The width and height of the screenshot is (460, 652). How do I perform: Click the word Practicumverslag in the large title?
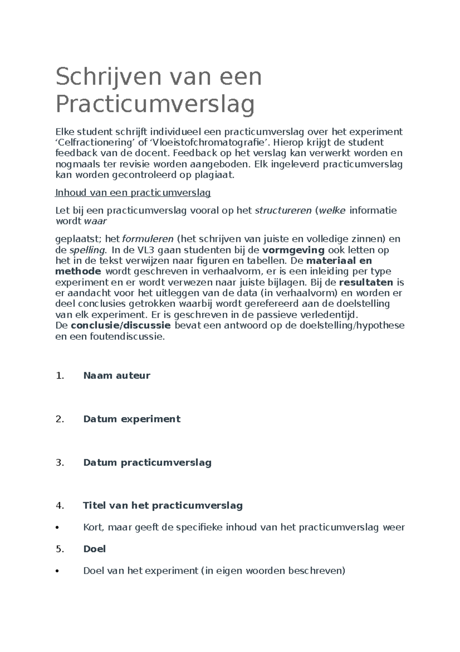pyautogui.click(x=155, y=104)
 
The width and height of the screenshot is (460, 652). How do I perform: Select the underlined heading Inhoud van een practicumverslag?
pyautogui.click(x=133, y=193)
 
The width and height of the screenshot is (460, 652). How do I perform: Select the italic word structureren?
pyautogui.click(x=283, y=210)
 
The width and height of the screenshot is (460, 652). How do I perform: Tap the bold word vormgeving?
pyautogui.click(x=293, y=250)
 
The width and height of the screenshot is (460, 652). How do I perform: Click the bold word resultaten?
pyautogui.click(x=366, y=283)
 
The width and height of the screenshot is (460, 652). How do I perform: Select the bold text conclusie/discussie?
pyautogui.click(x=121, y=326)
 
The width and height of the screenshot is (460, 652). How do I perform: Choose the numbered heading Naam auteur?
pyautogui.click(x=117, y=376)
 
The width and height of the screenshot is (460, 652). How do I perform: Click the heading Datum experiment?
pyautogui.click(x=131, y=419)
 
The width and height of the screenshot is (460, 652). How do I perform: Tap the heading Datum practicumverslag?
pyautogui.click(x=147, y=462)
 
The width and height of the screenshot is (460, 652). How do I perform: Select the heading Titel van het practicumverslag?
pyautogui.click(x=163, y=505)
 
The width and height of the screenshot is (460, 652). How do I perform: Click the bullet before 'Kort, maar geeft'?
pyautogui.click(x=57, y=528)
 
